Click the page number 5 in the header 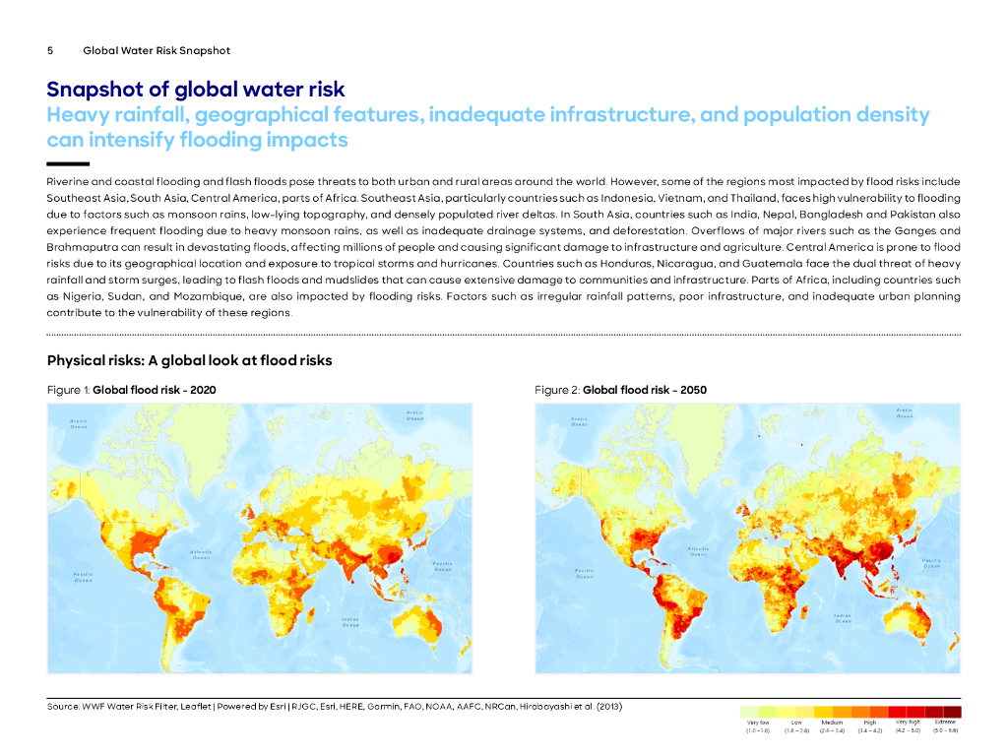coord(50,50)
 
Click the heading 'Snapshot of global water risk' coord(196,91)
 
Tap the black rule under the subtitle coord(68,163)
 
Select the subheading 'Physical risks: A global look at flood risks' coord(189,360)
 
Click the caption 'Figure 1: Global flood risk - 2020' coord(132,390)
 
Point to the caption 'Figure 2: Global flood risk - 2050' coord(620,390)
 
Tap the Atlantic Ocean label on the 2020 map coord(201,553)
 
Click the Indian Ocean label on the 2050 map coord(842,618)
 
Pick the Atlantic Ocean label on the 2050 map coord(698,551)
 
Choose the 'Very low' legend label coord(758,723)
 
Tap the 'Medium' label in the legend coord(832,723)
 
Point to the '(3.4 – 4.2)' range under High coord(869,731)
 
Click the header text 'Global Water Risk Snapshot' coord(157,50)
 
